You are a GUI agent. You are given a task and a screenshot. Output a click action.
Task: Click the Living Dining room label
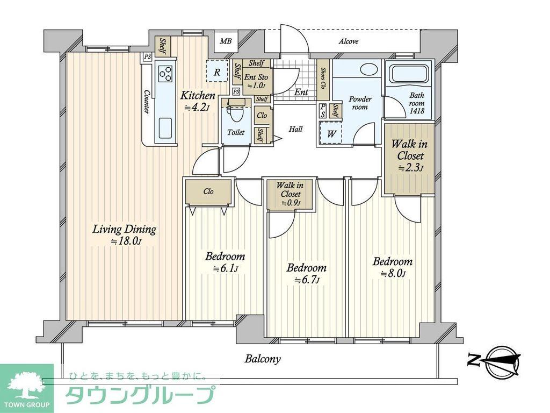124,235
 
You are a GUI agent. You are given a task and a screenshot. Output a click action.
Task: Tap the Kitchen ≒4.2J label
197,101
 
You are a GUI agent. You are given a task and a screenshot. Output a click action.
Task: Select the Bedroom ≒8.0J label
393,267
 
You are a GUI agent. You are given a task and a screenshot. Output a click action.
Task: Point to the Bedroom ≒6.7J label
306,273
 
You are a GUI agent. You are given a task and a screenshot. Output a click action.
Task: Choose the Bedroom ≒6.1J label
225,262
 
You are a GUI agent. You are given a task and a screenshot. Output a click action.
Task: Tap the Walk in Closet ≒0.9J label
288,194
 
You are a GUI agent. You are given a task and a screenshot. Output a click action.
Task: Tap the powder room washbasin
370,70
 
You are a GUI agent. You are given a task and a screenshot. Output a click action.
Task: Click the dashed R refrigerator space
216,71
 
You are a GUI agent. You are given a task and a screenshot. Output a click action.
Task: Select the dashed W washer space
331,133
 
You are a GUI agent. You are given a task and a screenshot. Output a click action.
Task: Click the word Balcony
263,359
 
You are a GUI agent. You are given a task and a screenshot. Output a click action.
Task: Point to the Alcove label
349,41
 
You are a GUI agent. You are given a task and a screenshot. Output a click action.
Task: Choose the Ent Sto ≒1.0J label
256,81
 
